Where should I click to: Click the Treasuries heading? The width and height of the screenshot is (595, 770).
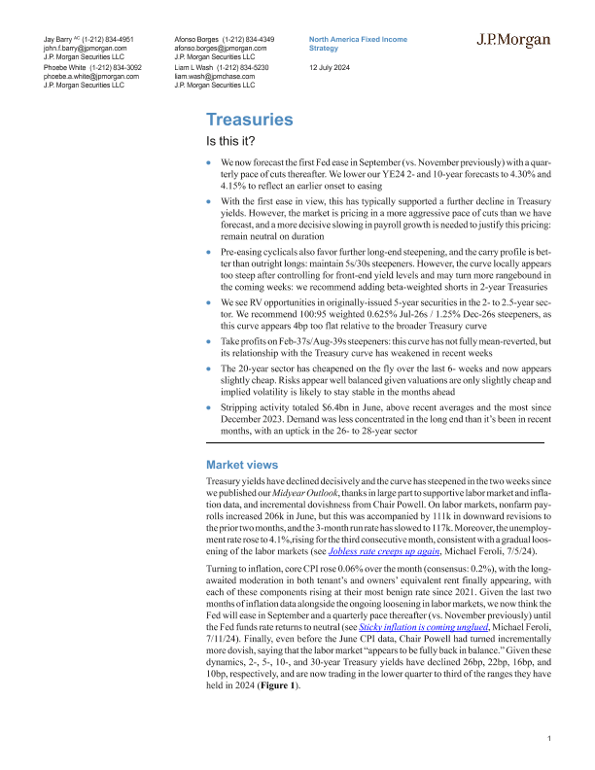[x=250, y=120]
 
